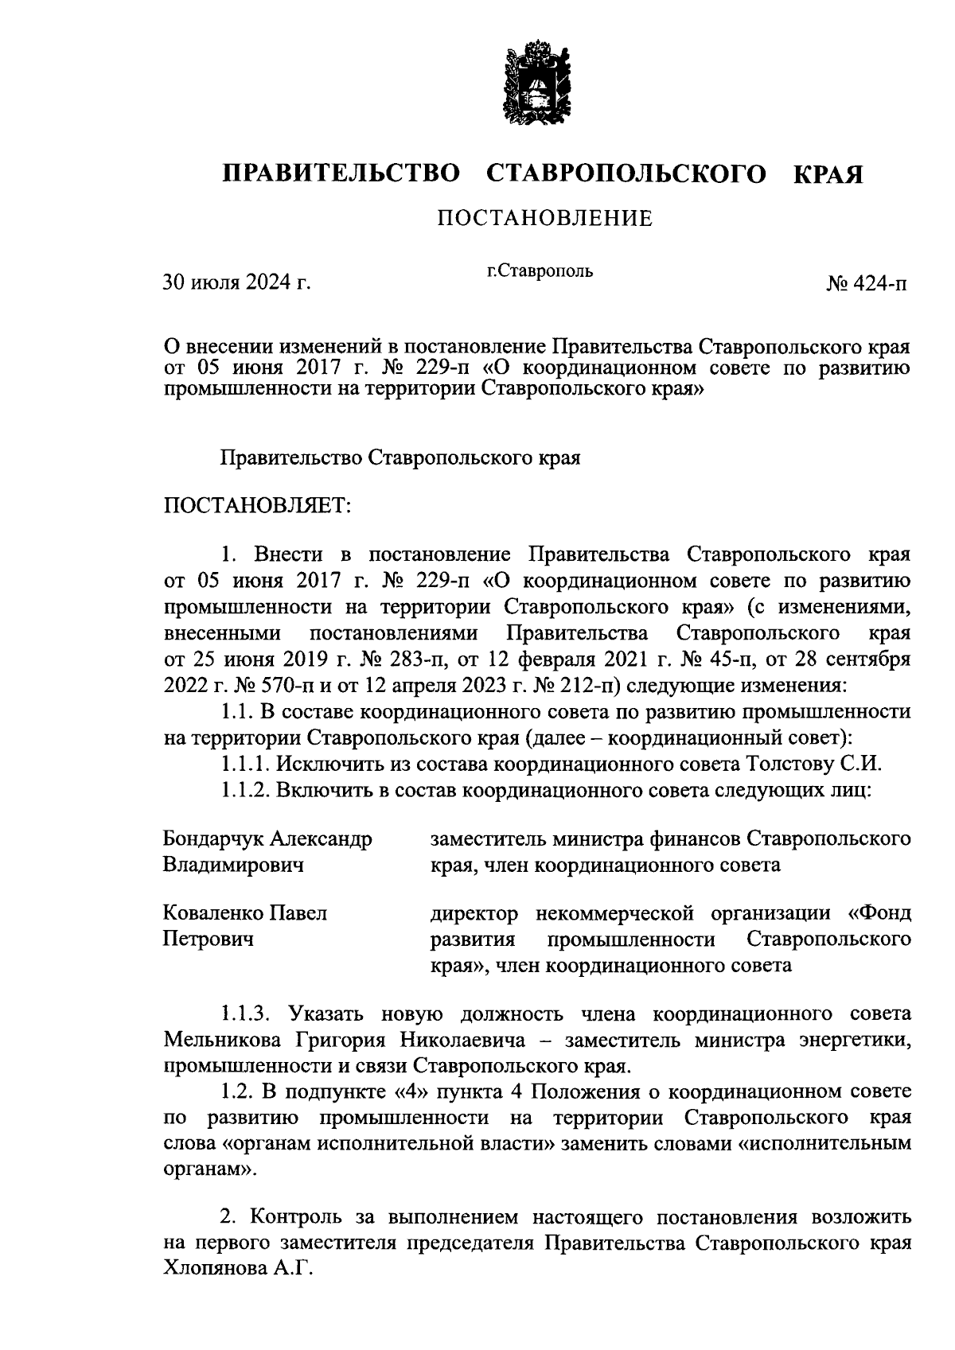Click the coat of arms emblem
(531, 86)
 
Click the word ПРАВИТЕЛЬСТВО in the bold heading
(341, 173)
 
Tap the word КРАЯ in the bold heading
(828, 173)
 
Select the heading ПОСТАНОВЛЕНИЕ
(544, 218)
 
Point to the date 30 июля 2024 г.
(236, 282)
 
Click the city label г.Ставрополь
(540, 271)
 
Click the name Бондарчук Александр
(267, 839)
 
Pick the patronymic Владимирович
(233, 865)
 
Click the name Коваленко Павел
(245, 913)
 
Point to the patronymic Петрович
(209, 939)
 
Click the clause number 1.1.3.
(248, 1014)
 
